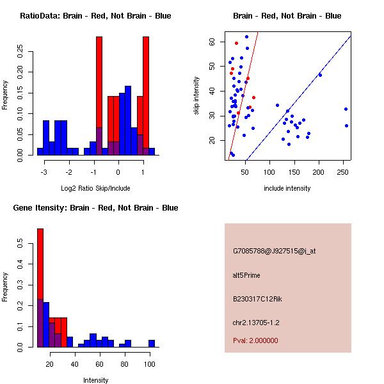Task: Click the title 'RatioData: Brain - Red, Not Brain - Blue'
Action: pos(95,15)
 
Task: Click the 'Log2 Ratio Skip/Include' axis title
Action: pos(95,188)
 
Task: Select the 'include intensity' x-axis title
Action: pos(287,188)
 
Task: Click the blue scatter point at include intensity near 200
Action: pos(320,75)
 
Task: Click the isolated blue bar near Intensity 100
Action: pos(152,344)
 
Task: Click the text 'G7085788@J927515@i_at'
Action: pos(274,251)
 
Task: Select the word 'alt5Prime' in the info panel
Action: pos(246,275)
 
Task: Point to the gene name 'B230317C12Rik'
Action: pos(256,299)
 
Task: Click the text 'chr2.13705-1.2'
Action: pos(256,322)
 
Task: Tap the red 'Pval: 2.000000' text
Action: pos(255,340)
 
